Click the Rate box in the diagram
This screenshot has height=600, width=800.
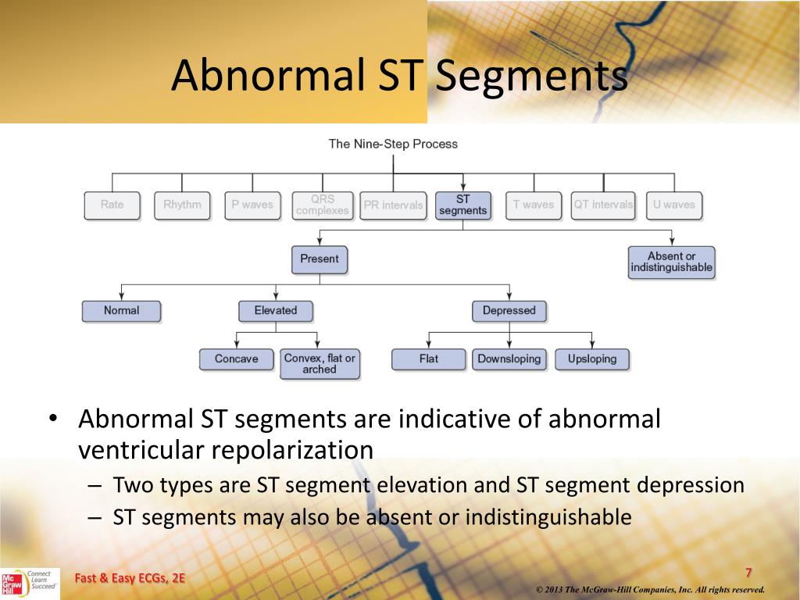[x=112, y=205]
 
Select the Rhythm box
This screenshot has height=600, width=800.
[x=182, y=205]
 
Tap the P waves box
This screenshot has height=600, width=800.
[x=252, y=205]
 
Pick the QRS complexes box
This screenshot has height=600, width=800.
[x=323, y=205]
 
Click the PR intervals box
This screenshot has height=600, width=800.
[x=393, y=205]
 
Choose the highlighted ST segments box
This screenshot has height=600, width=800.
[x=463, y=205]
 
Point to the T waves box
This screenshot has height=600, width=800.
[x=533, y=205]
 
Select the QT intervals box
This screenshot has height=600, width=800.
[x=603, y=205]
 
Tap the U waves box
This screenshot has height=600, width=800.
[x=673, y=205]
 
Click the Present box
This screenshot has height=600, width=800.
[x=320, y=259]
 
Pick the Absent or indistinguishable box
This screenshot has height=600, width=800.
[x=671, y=262]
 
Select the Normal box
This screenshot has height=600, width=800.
[x=121, y=311]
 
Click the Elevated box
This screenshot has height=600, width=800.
[x=276, y=311]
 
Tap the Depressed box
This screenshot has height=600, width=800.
[x=509, y=311]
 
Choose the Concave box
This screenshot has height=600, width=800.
[x=236, y=359]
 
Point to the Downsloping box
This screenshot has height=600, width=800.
[x=509, y=359]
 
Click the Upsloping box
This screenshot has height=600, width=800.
[x=592, y=359]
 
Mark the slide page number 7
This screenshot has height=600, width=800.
[x=748, y=573]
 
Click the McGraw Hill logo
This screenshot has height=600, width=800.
[x=12, y=584]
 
